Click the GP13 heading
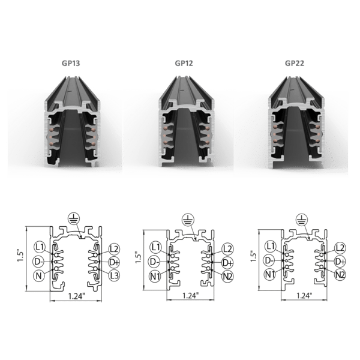tap(71, 63)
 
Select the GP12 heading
tap(184, 63)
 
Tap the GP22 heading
tap(295, 63)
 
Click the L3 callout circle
tap(114, 275)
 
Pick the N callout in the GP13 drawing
tap(39, 276)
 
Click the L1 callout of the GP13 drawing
tap(40, 247)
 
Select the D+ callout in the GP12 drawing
tap(227, 263)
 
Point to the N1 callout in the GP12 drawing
tap(155, 276)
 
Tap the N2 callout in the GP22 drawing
tap(340, 274)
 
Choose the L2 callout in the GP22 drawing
tap(340, 248)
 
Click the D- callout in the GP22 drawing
tap(269, 260)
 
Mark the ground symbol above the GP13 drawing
tap(74, 218)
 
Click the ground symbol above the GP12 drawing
tap(188, 220)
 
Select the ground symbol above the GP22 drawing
tap(301, 219)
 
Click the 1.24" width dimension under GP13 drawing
tap(76, 296)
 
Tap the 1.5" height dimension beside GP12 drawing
tap(138, 257)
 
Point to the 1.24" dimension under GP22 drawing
tap(304, 295)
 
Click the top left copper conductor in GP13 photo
tap(52, 130)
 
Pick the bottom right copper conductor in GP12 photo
tap(208, 143)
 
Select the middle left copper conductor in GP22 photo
tap(275, 134)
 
